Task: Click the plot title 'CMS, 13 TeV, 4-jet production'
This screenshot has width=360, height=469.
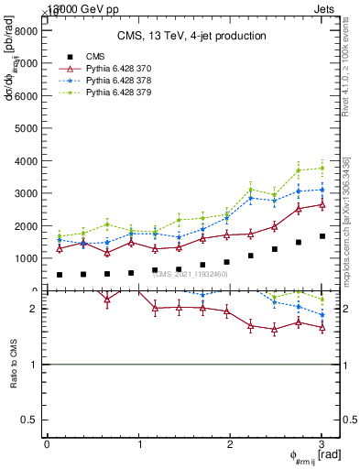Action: (191, 36)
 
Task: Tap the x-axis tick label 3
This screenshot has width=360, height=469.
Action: (322, 444)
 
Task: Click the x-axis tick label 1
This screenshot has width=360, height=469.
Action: (138, 444)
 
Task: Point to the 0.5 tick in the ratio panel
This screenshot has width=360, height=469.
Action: (29, 419)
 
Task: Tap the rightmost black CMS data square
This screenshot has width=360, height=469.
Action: (322, 236)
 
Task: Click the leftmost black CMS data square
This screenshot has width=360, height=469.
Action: (60, 275)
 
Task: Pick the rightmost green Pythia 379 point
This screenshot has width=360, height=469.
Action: (322, 168)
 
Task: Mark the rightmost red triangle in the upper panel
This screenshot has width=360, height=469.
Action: (322, 204)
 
